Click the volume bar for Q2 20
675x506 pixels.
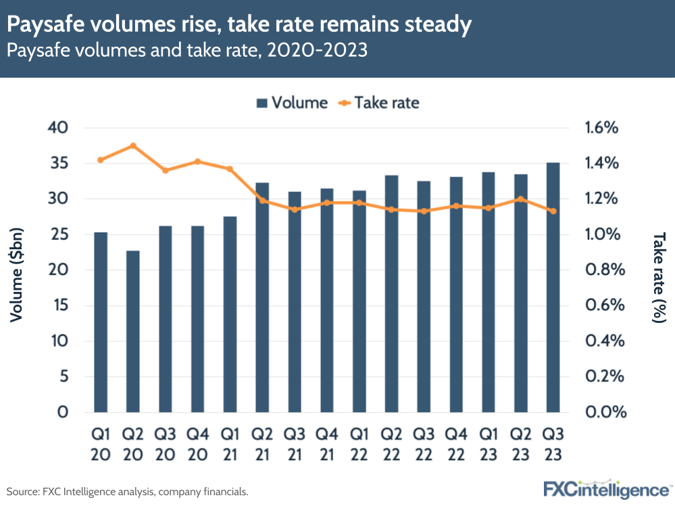coord(132,331)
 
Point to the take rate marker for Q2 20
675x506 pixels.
coord(133,146)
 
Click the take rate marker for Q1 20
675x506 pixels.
coord(101,160)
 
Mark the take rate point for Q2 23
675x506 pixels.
coord(521,199)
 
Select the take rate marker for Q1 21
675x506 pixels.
coord(230,169)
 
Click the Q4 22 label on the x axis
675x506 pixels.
coord(456,443)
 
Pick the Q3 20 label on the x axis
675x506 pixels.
coord(166,443)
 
